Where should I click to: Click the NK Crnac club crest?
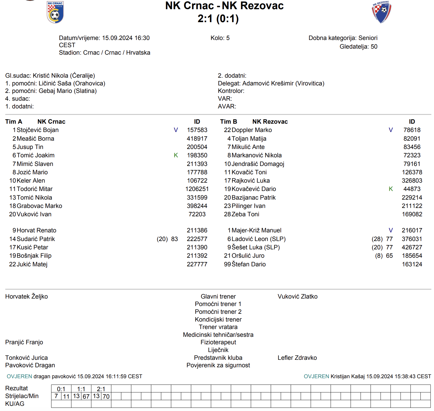(55, 12)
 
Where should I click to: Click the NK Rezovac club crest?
(381, 12)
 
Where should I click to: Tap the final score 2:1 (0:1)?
(218, 19)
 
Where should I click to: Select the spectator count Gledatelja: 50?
(358, 47)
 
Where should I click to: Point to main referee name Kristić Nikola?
(50, 76)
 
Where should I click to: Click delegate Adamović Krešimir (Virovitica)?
(283, 83)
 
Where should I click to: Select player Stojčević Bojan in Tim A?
(37, 130)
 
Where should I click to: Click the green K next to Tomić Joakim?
(176, 155)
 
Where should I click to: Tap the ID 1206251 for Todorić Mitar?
(197, 189)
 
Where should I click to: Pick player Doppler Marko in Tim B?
(252, 130)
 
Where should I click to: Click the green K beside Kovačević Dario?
(391, 189)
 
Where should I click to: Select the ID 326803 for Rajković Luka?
(412, 181)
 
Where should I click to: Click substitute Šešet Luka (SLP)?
(256, 247)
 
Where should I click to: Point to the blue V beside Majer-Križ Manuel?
(391, 230)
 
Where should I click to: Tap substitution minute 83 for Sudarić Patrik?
(174, 239)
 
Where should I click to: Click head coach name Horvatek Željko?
(26, 297)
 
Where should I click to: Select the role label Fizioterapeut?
(218, 342)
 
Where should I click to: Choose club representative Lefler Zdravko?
(297, 358)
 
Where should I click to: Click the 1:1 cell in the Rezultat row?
(81, 389)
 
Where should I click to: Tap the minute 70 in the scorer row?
(106, 396)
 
